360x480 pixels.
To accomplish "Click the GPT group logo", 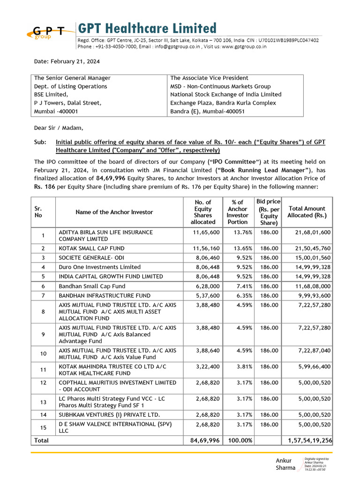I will coord(49,31).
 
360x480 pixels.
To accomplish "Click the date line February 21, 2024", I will coord(66,61).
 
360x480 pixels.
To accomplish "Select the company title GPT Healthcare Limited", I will coord(147,28).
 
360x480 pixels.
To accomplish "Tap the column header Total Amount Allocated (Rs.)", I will coord(307,212).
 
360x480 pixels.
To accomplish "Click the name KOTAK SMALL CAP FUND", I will coord(91,248).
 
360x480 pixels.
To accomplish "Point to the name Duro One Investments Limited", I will coord(99,267).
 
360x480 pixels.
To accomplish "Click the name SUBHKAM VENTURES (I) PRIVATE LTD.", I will coord(109,415).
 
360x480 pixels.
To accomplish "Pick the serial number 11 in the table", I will coord(43,369).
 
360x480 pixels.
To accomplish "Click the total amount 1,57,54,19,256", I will coord(307,441).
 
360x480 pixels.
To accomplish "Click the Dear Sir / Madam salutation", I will coord(59,127).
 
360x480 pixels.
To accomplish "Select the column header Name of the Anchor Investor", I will coord(114,212).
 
